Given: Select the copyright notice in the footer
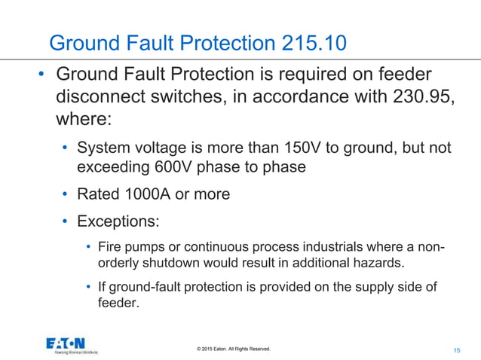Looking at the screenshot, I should click(x=233, y=349).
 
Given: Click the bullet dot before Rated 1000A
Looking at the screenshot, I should click(x=66, y=194).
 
